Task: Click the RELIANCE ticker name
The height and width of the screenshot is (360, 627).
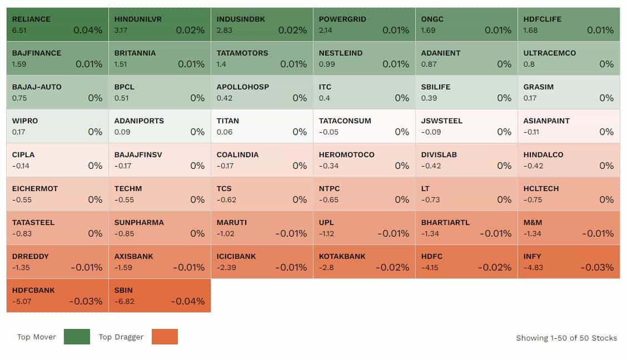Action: [x=31, y=19]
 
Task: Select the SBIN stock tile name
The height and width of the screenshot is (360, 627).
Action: [x=123, y=290]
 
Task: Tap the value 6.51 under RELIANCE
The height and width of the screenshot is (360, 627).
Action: [x=19, y=30]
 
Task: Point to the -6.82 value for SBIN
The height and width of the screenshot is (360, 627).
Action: [x=124, y=301]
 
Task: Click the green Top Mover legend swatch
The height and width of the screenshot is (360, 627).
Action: [x=77, y=337]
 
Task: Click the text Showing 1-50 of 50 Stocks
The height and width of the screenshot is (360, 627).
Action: [x=566, y=338]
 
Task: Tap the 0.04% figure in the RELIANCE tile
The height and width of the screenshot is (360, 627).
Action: [x=88, y=30]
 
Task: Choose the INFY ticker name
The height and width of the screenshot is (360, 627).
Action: [x=532, y=256]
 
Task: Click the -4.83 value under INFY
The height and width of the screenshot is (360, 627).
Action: [x=533, y=267]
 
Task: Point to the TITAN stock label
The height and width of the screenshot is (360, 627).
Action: [x=228, y=121]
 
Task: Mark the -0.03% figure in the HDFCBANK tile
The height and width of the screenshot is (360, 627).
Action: [x=86, y=301]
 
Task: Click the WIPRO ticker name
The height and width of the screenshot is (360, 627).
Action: [x=25, y=121]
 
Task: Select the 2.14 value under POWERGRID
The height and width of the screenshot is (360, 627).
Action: [x=326, y=30]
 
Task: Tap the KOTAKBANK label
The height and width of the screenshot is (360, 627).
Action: [x=342, y=256]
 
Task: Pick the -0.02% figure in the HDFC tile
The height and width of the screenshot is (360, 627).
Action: [x=495, y=267]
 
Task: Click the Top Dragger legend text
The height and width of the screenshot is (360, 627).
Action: [x=121, y=337]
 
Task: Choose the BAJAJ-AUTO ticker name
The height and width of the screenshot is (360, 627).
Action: [x=37, y=87]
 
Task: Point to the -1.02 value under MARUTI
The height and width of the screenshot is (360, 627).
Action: [x=226, y=233]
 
